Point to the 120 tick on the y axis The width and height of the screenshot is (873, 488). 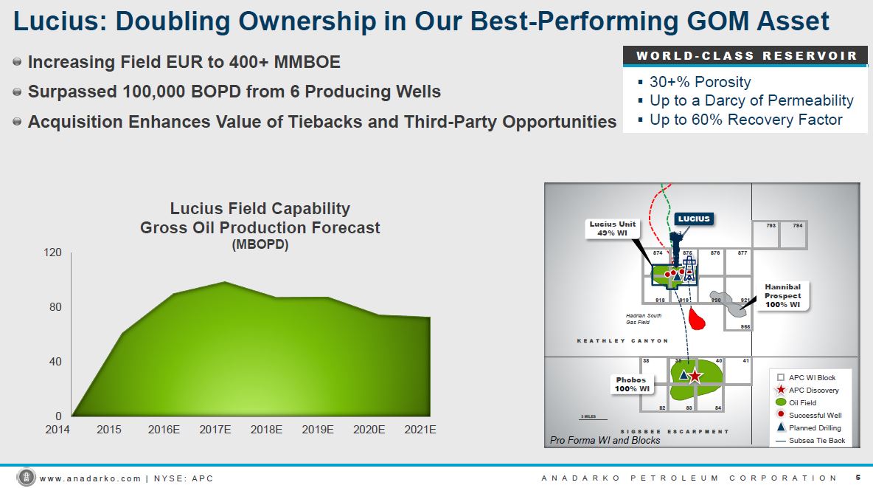52,252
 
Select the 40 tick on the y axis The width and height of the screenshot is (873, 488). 55,361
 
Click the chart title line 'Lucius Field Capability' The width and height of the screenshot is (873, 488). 260,209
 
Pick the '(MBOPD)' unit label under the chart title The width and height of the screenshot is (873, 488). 260,244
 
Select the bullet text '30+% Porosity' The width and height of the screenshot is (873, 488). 700,82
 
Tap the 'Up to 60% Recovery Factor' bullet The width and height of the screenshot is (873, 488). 745,119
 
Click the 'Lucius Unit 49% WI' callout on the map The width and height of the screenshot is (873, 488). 612,228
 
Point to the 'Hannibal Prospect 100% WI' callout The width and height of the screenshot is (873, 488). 782,296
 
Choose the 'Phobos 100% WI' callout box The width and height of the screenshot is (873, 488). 631,385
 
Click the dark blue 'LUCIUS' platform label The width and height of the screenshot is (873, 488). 693,219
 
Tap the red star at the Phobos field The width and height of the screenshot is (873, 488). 695,376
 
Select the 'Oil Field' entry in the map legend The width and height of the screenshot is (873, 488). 802,402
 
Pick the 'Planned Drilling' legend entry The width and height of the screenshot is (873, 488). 814,427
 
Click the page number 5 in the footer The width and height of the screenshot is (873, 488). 858,478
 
